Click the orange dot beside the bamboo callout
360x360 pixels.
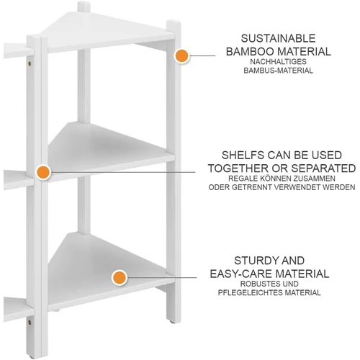[x=182, y=55]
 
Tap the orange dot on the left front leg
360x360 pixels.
[x=43, y=172]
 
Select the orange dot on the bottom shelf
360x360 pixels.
[x=120, y=278]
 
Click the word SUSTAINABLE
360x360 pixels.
[x=278, y=38]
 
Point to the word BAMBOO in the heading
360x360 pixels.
[x=250, y=52]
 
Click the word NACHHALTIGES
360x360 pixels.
[x=278, y=62]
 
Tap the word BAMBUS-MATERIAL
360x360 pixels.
[x=278, y=71]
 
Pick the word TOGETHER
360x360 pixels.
[x=238, y=168]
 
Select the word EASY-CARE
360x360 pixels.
[x=241, y=274]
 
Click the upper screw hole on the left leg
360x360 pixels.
[x=30, y=63]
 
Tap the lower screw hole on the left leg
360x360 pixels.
[x=30, y=323]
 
